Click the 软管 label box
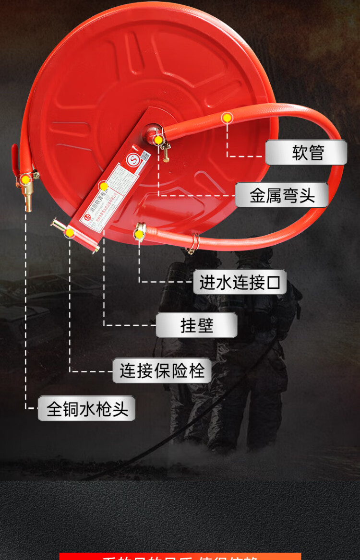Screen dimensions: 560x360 coord(306,153)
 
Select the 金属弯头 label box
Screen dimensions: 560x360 coord(282,195)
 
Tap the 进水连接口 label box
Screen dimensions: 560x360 coord(240,282)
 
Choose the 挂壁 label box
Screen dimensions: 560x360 coord(196,325)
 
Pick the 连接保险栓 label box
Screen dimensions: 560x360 coord(162,371)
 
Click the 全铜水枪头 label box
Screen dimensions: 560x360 coord(86,409)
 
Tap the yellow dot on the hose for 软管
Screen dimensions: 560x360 coord(227,118)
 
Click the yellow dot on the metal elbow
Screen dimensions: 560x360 coord(158,140)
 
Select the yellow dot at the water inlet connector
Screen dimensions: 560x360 coord(139,234)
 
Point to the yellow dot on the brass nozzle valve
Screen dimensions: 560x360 coord(24,179)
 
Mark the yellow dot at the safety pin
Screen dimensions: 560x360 coord(70,233)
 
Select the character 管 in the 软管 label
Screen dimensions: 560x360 coord(316,153)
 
